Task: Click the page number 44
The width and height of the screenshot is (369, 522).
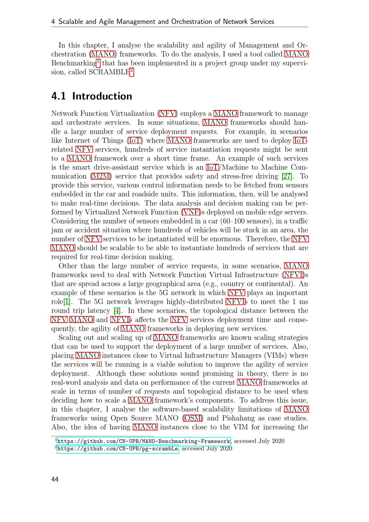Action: (55, 479)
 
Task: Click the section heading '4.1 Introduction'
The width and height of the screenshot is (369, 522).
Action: (92, 96)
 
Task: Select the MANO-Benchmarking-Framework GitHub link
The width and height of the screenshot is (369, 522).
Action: (144, 441)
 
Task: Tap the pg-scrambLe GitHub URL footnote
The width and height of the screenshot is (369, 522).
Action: (118, 449)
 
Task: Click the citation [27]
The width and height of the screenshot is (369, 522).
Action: (286, 176)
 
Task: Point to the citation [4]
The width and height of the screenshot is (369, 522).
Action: (117, 310)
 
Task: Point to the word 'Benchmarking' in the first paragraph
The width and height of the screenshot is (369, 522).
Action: (73, 63)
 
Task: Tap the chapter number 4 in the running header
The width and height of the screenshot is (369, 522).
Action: (53, 21)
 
